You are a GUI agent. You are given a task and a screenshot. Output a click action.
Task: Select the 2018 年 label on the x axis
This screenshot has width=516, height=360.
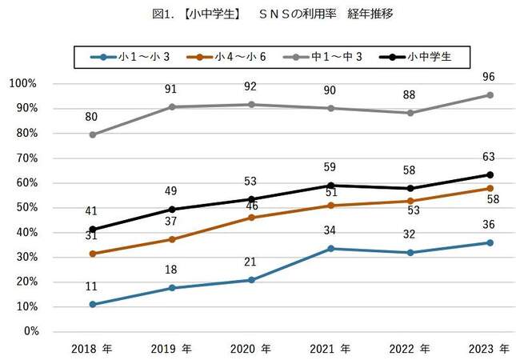coord(92,350)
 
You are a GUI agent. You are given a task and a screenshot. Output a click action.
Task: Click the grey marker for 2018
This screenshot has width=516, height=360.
coord(93,134)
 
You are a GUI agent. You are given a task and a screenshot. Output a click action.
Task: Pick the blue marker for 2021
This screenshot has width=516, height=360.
coord(331,248)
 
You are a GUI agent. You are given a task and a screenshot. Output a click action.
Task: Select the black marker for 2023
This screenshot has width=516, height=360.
coord(490,174)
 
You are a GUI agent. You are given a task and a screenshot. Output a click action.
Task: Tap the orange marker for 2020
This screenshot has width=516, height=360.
coord(251,218)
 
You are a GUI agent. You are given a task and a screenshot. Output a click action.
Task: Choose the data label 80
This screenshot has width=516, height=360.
coord(92,117)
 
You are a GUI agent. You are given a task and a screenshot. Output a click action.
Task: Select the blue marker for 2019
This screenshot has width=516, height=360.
coord(172,288)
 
